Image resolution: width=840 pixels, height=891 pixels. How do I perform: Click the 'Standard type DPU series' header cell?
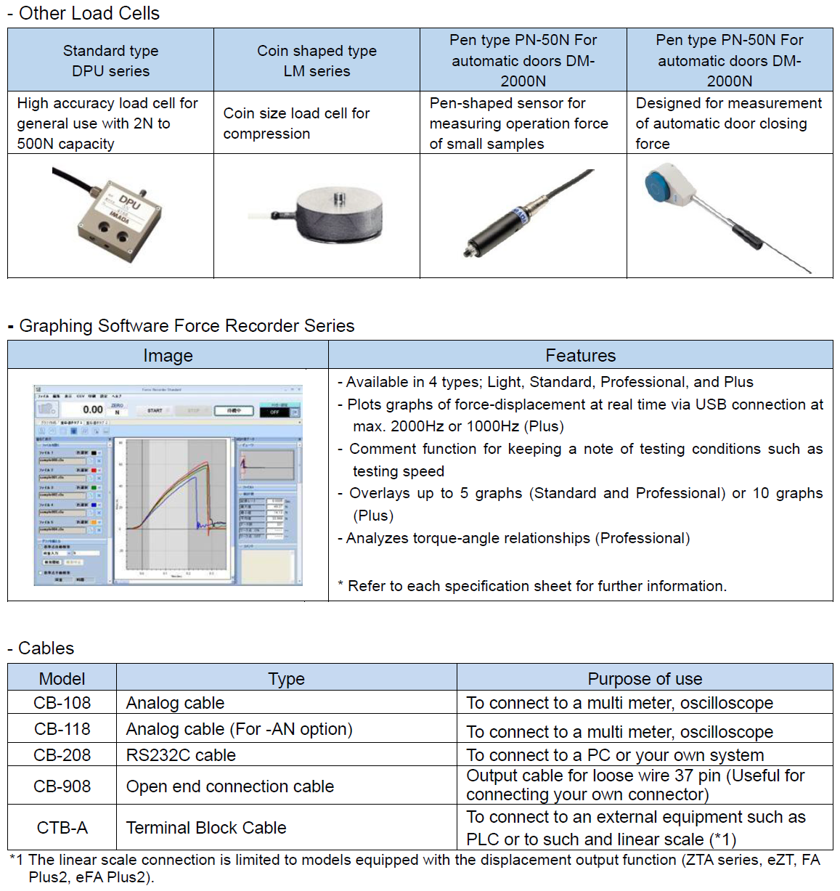pos(110,60)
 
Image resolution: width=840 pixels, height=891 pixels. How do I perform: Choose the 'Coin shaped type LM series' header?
pos(317,60)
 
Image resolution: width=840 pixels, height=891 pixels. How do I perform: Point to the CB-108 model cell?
pos(62,702)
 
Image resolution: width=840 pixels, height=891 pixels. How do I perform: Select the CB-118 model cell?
pos(62,728)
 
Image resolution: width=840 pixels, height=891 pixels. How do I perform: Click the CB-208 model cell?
pos(62,754)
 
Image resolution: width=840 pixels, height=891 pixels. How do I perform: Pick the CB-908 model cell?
pos(62,786)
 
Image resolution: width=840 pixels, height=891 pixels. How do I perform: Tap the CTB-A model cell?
pos(62,827)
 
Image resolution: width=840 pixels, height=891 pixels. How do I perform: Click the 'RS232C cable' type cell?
pos(181,754)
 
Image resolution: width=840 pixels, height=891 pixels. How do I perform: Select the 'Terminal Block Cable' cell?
pos(206,827)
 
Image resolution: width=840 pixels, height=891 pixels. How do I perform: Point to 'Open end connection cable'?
pos(230,786)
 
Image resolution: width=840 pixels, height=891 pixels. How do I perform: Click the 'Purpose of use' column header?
pos(645,678)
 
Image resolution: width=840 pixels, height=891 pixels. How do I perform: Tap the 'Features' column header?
pos(580,355)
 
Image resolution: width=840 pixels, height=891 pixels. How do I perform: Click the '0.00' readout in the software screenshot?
pos(92,410)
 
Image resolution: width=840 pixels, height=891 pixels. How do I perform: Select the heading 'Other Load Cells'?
pos(89,13)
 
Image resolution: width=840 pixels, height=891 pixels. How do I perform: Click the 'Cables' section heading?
pos(46,648)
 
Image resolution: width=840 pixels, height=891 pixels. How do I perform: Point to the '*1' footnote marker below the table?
pos(17,860)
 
